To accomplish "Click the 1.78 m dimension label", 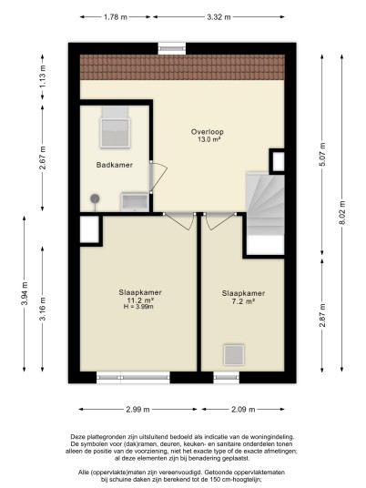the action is (115, 17).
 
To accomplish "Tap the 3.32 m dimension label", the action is (219, 17).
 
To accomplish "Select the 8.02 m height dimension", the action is (342, 213).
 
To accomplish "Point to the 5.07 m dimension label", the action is (322, 155).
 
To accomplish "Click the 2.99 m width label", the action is (137, 410).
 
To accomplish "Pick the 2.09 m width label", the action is (243, 410).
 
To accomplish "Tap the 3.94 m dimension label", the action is (25, 293).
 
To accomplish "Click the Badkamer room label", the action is (115, 165).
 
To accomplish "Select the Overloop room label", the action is (208, 132).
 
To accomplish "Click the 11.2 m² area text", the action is (140, 300).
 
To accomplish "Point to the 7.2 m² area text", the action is (244, 301).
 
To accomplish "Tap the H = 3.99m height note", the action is (138, 307).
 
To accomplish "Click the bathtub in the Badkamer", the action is (115, 127).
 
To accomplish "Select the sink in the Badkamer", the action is (135, 202).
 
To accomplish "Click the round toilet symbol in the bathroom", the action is (95, 199).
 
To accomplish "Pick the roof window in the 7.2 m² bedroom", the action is (234, 354).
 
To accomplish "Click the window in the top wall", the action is (172, 48).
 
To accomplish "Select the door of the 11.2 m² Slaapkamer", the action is (180, 221).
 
